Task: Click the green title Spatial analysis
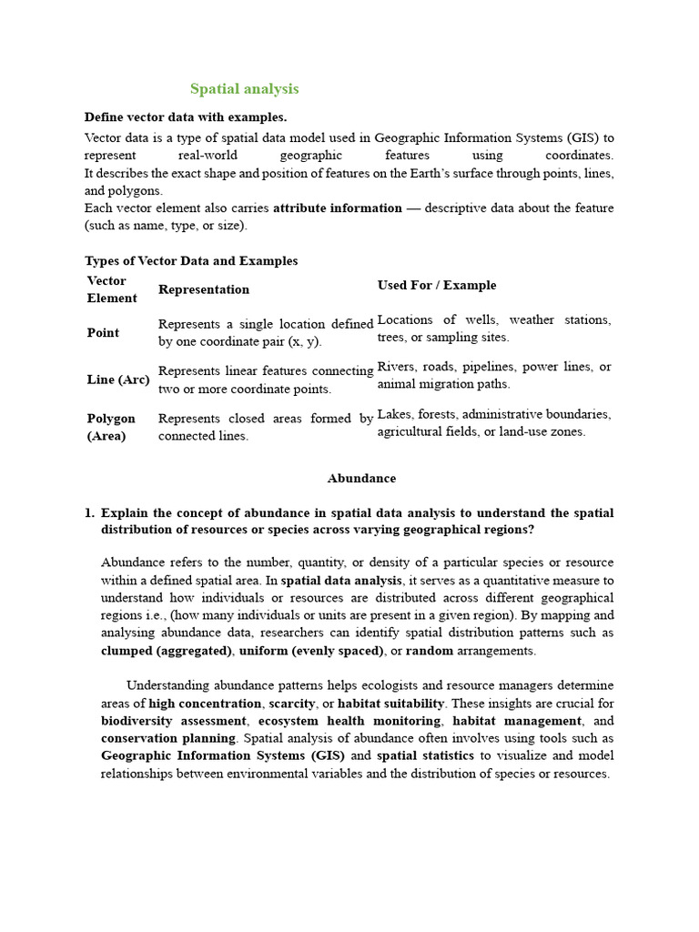click(x=244, y=89)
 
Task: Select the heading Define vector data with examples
click(x=185, y=116)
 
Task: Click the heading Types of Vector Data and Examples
click(x=191, y=261)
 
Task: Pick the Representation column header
click(x=204, y=289)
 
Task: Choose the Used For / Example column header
click(x=437, y=285)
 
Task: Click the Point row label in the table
click(x=103, y=333)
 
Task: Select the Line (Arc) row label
click(x=117, y=380)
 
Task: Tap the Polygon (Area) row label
click(x=111, y=427)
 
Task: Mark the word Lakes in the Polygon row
click(x=396, y=414)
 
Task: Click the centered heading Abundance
click(x=361, y=479)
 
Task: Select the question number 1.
click(x=88, y=513)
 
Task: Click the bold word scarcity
click(x=291, y=704)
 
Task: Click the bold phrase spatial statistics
click(x=425, y=755)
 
